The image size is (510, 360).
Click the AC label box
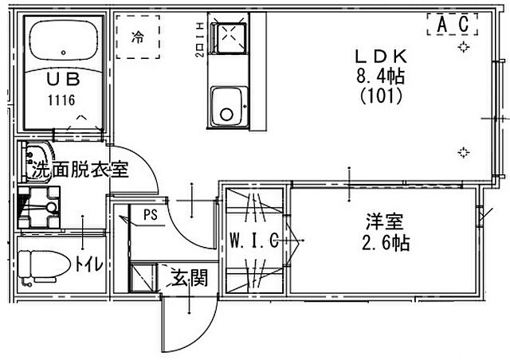point(451,25)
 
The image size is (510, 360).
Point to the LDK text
point(380,57)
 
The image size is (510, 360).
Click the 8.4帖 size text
point(381,77)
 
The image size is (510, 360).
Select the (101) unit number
point(381,97)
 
